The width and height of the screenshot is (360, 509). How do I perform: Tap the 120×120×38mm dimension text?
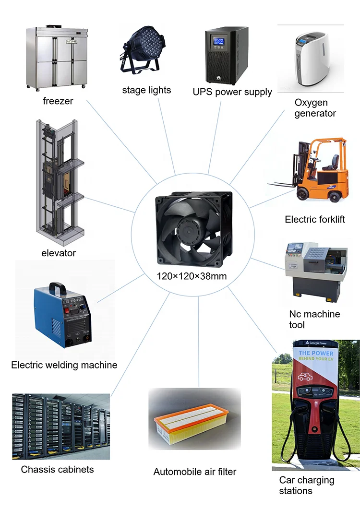(192, 276)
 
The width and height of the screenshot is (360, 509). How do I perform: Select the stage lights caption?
(146, 90)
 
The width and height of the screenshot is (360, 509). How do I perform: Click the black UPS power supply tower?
(226, 56)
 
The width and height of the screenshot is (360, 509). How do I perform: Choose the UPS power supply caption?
(232, 92)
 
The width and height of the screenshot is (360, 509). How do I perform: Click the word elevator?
(58, 253)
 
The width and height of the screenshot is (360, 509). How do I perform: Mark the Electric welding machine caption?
(64, 365)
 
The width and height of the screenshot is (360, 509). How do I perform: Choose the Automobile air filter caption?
(195, 472)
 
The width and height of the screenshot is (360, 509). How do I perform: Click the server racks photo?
(61, 426)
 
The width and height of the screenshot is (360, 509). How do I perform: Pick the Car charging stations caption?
(307, 485)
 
